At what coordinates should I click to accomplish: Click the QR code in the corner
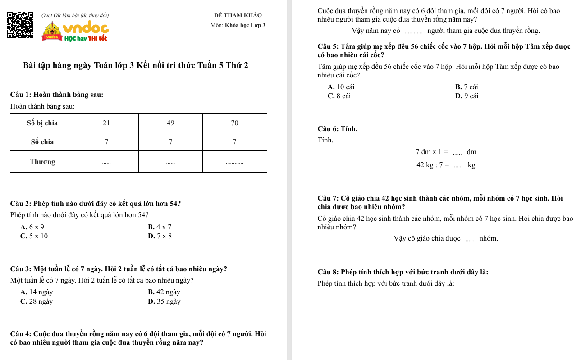point(21,25)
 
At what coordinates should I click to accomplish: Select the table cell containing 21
point(106,123)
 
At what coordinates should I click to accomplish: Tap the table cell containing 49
point(170,123)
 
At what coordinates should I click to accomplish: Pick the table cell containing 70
point(234,123)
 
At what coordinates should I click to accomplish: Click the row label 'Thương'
point(42,162)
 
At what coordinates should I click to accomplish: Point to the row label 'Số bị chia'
point(42,123)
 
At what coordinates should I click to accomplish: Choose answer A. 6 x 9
point(32,227)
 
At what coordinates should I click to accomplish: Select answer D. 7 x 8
point(160,236)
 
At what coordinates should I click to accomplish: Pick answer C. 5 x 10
point(34,236)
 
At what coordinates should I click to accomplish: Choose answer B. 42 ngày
point(164,292)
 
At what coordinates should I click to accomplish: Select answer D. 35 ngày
point(165,301)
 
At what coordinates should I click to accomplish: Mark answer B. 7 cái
point(467,87)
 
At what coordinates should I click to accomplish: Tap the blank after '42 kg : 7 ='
point(458,166)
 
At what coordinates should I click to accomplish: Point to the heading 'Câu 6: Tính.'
point(338,129)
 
